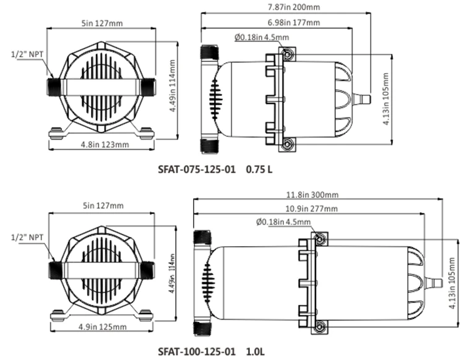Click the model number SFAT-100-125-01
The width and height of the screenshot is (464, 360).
(x=197, y=351)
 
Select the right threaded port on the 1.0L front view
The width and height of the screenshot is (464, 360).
(x=147, y=270)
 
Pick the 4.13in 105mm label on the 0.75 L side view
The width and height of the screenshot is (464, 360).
(x=385, y=98)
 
